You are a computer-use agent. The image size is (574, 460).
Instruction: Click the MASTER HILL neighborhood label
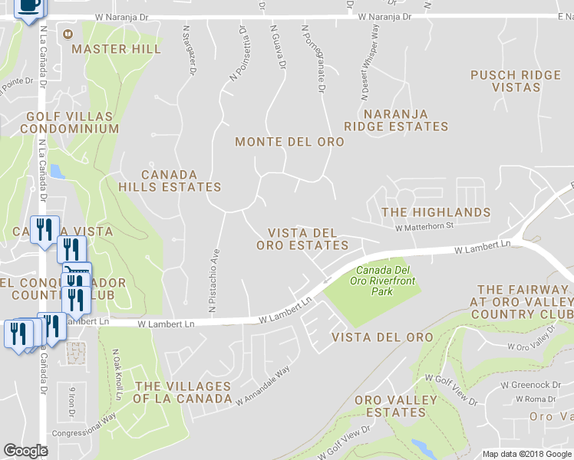(116, 49)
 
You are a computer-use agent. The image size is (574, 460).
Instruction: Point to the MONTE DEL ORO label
(289, 142)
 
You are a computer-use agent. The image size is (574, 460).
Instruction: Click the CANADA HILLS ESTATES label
(170, 181)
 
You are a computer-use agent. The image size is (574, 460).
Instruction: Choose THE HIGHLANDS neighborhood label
(436, 212)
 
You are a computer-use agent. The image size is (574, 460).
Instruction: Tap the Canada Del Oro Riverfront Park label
(383, 281)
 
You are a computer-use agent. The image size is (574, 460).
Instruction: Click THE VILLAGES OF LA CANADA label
(182, 393)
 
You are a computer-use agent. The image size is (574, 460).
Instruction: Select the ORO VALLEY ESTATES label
(396, 406)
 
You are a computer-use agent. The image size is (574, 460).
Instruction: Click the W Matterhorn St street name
(425, 226)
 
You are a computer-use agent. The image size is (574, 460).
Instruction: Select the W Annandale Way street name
(263, 386)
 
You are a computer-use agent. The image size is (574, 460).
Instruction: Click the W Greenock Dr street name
(540, 385)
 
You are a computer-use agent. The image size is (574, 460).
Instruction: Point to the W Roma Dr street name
(536, 399)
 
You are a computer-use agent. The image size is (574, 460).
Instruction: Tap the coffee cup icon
(29, 6)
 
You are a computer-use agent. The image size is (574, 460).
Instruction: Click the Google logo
(26, 451)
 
